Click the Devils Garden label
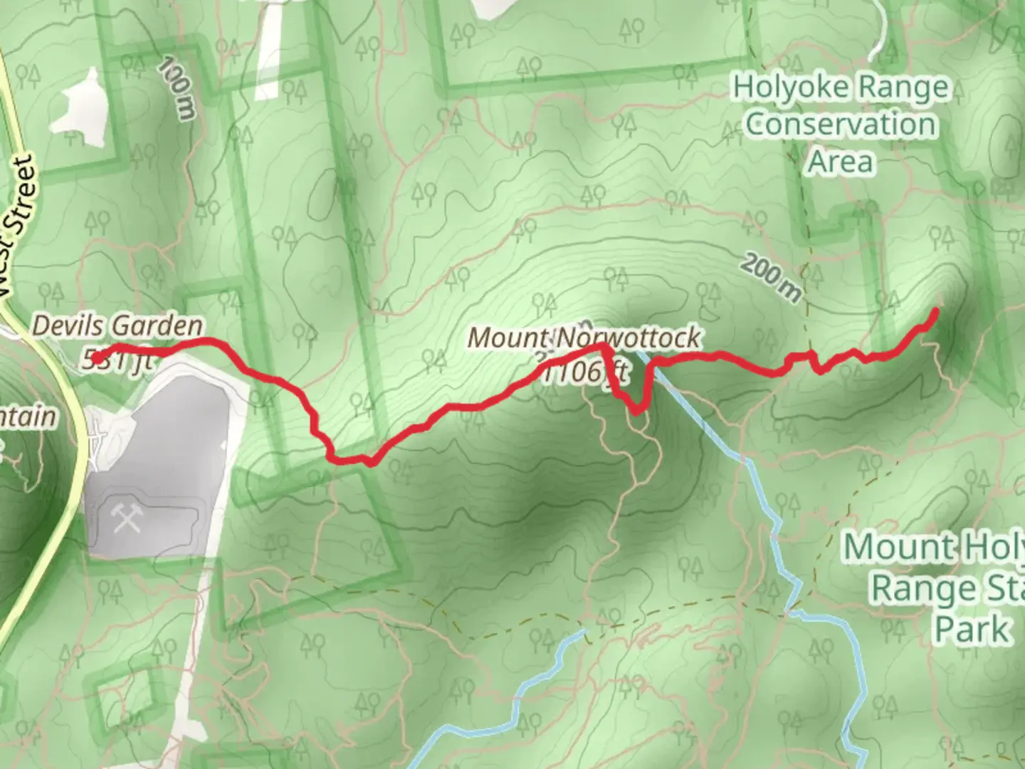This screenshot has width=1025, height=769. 117,326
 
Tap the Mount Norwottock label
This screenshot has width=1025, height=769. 584,338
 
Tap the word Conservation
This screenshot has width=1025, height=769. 841,125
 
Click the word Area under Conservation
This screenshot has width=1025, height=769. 841,162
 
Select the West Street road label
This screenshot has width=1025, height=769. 18,228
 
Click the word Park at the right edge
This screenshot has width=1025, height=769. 972,629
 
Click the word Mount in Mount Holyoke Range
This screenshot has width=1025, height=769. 898,547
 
